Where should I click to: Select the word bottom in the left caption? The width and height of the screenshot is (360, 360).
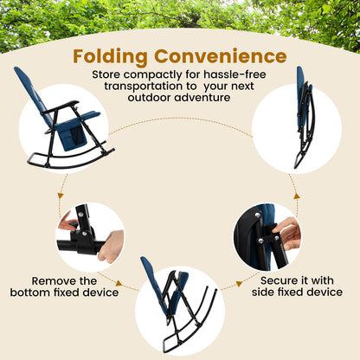pos(55,292)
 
